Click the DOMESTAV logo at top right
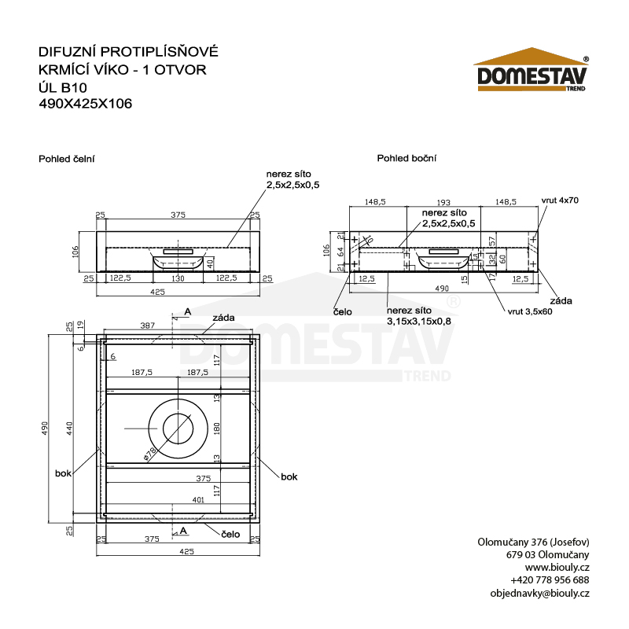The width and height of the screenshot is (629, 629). [x=530, y=75]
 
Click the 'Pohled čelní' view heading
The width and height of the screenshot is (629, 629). [x=67, y=158]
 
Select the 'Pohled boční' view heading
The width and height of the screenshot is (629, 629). [x=406, y=158]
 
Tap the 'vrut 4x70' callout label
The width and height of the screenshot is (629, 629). [x=560, y=200]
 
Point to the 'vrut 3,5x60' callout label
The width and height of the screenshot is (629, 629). [x=529, y=312]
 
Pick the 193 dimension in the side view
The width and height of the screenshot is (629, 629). [x=445, y=202]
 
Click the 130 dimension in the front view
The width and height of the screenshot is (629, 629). [x=178, y=278]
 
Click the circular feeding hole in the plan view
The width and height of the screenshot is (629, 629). [x=178, y=428]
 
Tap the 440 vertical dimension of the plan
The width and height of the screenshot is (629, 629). [x=69, y=428]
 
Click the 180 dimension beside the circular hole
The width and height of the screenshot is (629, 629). [x=218, y=428]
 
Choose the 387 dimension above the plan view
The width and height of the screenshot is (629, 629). [x=146, y=325]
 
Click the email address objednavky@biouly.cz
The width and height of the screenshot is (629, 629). [x=539, y=594]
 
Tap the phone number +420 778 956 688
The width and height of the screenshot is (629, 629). [x=544, y=580]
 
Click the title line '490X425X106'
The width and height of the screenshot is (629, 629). [x=85, y=102]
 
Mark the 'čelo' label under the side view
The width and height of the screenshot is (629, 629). [x=343, y=311]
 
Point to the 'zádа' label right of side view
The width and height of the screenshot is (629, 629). [x=561, y=300]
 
